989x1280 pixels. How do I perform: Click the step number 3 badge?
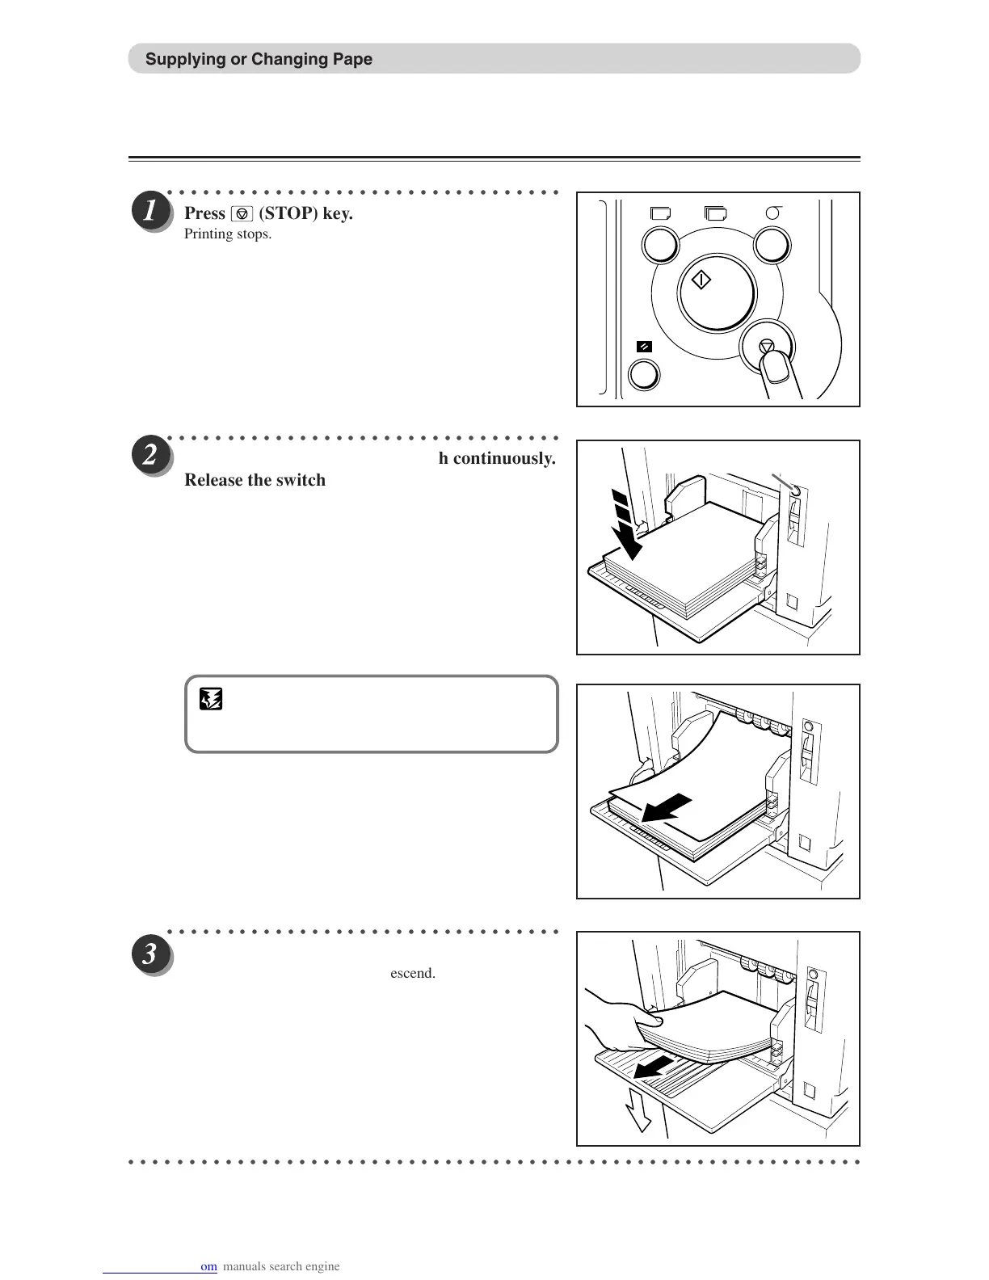pos(150,954)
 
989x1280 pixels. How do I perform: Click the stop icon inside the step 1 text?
pos(242,214)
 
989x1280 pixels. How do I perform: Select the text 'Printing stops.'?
pos(228,234)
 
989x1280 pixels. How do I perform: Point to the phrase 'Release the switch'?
pos(255,480)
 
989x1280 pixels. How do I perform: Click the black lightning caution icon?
pos(211,698)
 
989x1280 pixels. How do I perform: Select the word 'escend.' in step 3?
pos(413,973)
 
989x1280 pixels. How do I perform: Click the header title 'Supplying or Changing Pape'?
pos(259,59)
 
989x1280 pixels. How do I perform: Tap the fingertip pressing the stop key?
pos(776,368)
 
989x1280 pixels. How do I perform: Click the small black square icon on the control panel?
pos(644,347)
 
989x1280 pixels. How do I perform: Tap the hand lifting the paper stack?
pos(614,1023)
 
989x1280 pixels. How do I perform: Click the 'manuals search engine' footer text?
pos(280,1266)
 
